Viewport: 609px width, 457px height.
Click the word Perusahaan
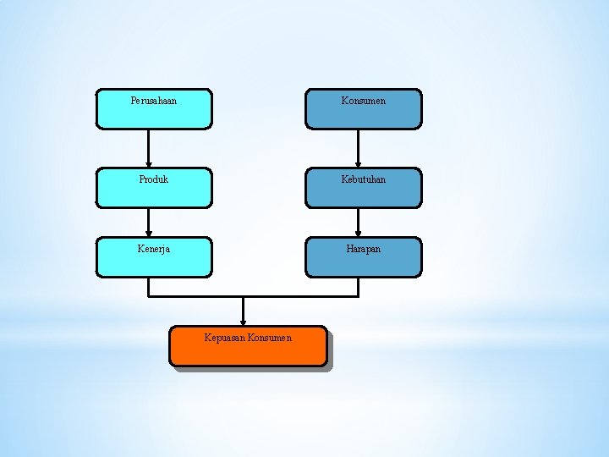154,101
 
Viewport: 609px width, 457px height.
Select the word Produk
154,179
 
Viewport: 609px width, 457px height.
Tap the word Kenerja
154,249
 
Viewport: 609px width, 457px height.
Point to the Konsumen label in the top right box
364,101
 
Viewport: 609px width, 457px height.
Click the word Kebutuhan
364,179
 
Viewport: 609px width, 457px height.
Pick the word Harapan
364,249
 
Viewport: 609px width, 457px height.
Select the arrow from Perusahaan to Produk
149,148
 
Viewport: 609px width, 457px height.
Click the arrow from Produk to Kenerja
149,222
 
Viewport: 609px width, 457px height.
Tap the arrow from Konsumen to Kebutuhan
359,148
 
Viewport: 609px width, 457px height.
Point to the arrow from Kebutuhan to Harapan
359,222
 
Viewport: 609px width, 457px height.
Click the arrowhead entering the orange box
244,321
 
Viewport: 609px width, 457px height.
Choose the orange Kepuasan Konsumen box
248,355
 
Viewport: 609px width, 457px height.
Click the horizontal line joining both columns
254,296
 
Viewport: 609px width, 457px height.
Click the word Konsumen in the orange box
271,338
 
